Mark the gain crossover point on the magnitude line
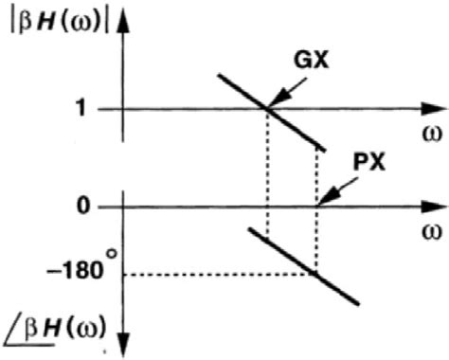coord(267,109)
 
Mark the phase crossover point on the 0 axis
coord(316,206)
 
